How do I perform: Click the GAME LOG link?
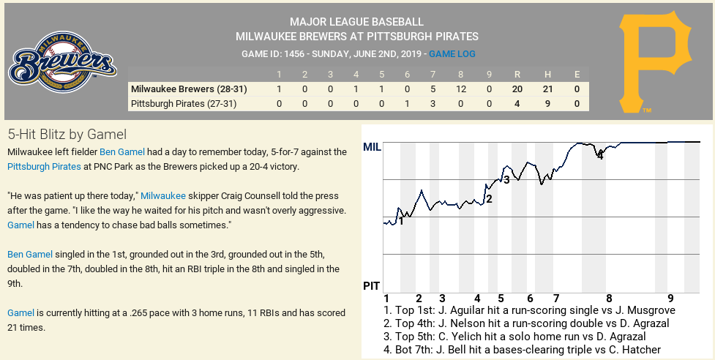(x=452, y=54)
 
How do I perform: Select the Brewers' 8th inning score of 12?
(x=460, y=89)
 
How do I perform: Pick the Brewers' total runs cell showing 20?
(x=517, y=89)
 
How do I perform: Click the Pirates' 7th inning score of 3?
(x=433, y=104)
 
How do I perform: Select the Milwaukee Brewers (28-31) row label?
(x=189, y=89)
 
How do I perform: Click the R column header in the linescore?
(x=517, y=74)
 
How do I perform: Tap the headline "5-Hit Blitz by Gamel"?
(x=67, y=135)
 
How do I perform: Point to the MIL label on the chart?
(x=372, y=148)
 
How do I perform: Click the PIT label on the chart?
(x=371, y=285)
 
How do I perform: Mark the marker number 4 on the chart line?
(x=600, y=155)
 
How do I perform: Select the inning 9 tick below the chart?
(x=670, y=299)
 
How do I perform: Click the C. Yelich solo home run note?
(x=514, y=337)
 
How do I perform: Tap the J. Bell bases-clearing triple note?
(x=522, y=350)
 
